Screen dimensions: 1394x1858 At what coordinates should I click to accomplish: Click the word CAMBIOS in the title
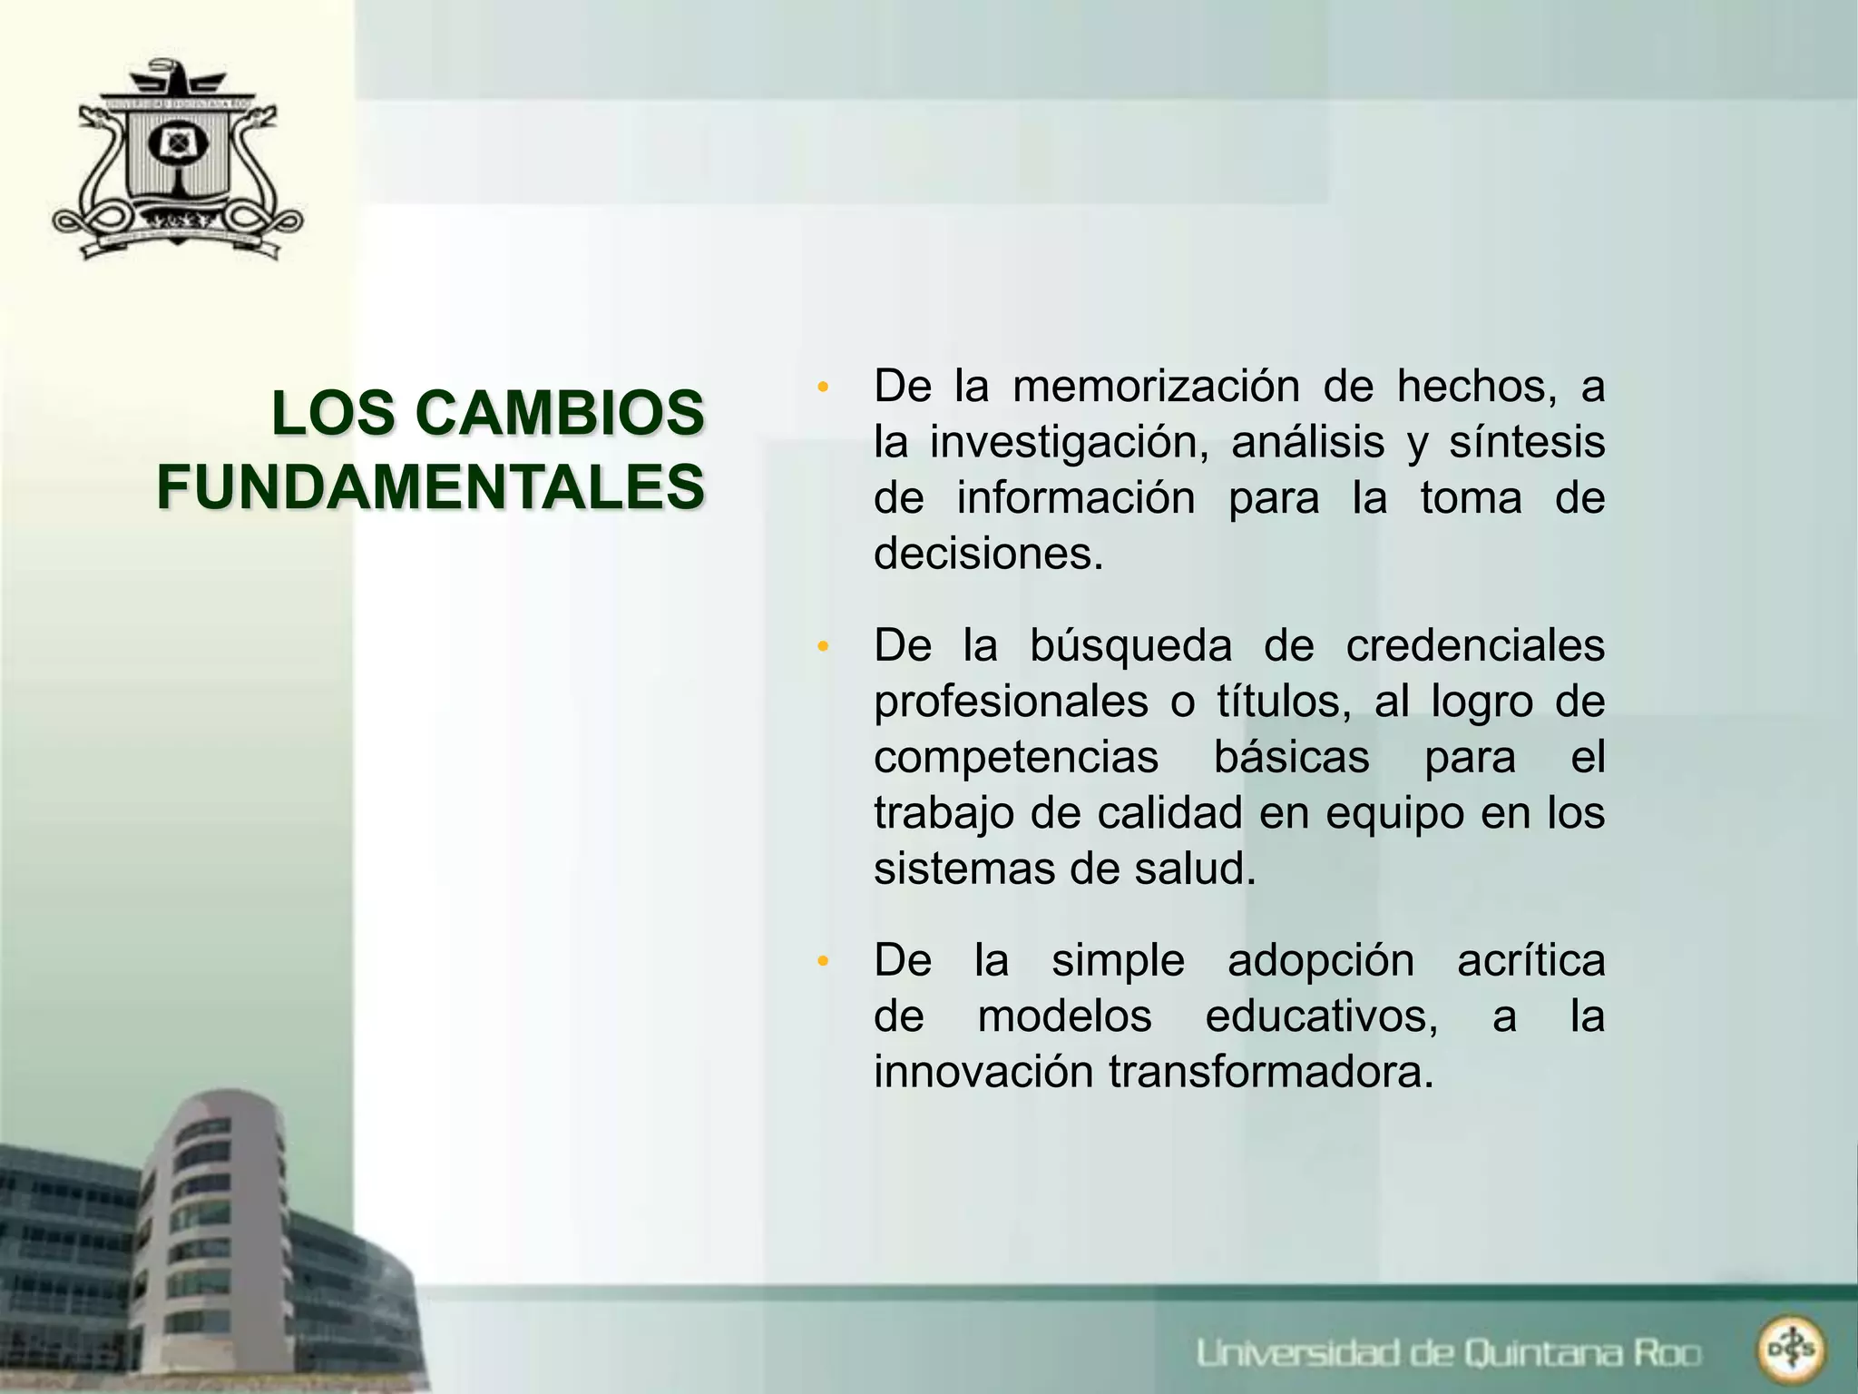coord(559,413)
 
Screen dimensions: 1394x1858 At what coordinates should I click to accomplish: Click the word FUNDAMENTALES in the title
coord(430,487)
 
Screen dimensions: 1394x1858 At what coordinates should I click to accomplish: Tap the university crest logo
coord(177,162)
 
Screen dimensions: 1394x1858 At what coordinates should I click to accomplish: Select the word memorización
coord(1156,386)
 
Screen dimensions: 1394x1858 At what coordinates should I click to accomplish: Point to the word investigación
coord(1069,443)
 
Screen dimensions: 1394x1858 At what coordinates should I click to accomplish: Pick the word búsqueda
coord(1130,646)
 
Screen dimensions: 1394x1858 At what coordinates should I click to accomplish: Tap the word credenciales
coord(1474,646)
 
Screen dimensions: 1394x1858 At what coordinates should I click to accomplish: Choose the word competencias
coord(1016,757)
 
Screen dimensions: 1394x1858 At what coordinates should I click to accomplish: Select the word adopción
coord(1320,960)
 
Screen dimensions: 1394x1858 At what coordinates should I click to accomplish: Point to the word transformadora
coord(1270,1072)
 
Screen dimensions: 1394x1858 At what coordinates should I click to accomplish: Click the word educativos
coord(1321,1016)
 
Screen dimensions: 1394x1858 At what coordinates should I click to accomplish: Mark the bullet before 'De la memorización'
coord(823,388)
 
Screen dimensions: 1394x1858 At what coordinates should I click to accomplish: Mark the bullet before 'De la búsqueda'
coord(823,648)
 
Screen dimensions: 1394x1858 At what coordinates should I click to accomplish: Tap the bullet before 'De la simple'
coord(823,962)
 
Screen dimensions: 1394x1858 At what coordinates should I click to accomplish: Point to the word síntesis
coord(1526,443)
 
